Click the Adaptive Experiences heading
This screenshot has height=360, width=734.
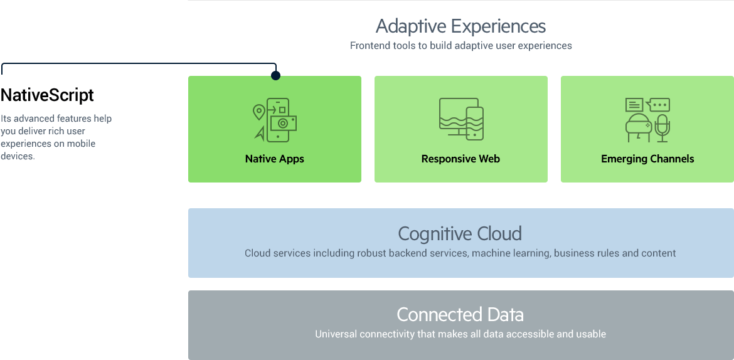460,27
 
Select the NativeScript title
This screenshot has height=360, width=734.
47,95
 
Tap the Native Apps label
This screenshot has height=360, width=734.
275,159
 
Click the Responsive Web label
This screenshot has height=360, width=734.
460,159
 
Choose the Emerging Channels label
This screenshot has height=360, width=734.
647,159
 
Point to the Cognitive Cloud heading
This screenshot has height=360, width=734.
460,233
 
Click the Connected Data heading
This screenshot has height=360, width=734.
460,314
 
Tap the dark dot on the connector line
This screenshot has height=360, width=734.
275,75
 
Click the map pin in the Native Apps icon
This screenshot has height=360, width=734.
259,112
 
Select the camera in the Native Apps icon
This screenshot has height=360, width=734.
283,123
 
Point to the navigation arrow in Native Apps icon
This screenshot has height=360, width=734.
259,134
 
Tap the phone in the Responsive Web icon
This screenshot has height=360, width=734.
475,124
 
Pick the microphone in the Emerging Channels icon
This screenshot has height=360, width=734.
662,128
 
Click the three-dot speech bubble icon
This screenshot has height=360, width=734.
658,104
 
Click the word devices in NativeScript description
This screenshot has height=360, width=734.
18,156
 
